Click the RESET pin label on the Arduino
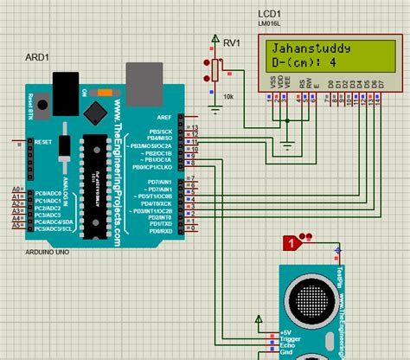coord(44,141)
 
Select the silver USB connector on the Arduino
coord(144,81)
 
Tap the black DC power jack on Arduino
coord(65,88)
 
